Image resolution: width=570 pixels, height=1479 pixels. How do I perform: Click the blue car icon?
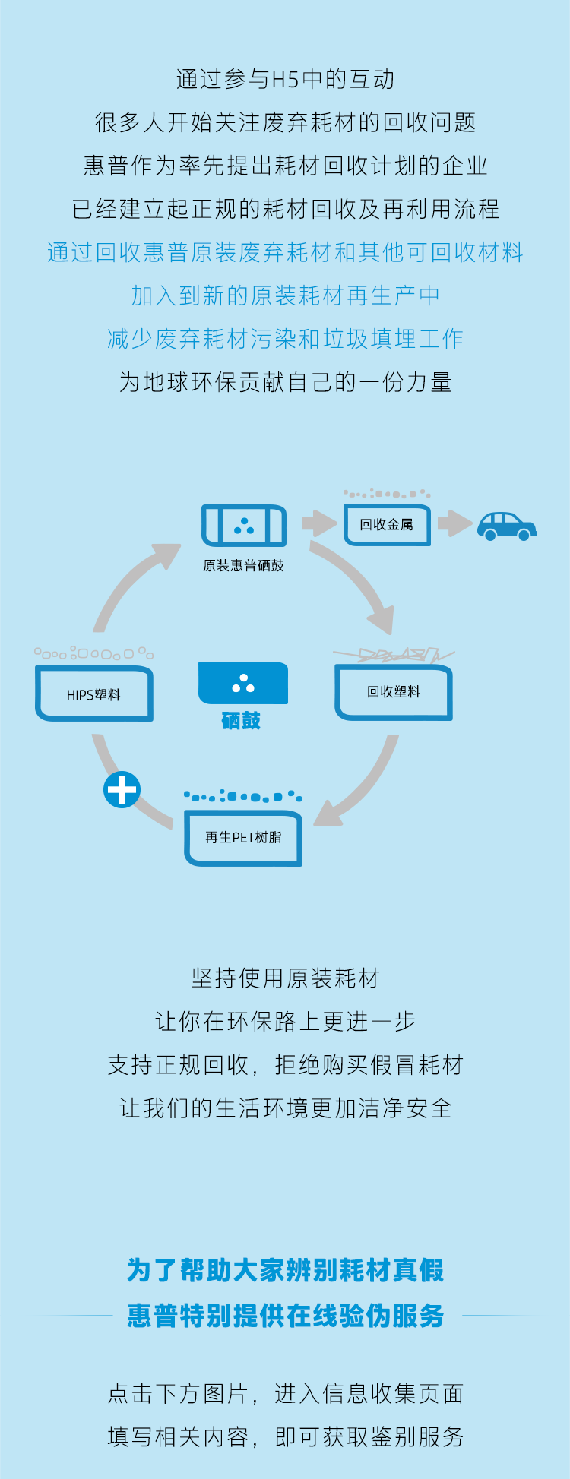tap(507, 526)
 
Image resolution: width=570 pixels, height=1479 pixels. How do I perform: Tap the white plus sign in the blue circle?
tap(122, 789)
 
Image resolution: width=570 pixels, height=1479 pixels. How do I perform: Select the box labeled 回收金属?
tap(387, 525)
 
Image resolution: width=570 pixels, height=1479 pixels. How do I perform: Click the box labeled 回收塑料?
tap(394, 692)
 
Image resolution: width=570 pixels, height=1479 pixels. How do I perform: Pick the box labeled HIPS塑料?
tap(94, 694)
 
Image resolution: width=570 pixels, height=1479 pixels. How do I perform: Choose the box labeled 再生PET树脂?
tap(243, 838)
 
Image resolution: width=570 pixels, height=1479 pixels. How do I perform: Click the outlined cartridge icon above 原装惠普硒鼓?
tap(244, 526)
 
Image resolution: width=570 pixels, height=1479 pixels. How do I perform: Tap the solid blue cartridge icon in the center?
tap(243, 683)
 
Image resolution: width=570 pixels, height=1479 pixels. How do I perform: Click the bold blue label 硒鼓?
tap(241, 721)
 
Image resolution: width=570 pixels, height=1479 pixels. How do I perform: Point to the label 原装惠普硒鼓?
tap(243, 565)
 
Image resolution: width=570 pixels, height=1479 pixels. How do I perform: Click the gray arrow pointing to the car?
tap(454, 523)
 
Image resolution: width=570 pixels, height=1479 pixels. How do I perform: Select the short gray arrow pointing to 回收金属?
tap(319, 523)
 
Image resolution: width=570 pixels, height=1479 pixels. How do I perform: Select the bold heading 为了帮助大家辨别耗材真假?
tap(285, 1270)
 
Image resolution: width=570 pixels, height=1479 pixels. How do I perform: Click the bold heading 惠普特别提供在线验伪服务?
tap(285, 1316)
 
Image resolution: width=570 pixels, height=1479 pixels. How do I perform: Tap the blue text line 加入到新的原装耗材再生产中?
tap(285, 295)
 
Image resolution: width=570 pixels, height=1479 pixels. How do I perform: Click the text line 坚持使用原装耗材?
tap(285, 978)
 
